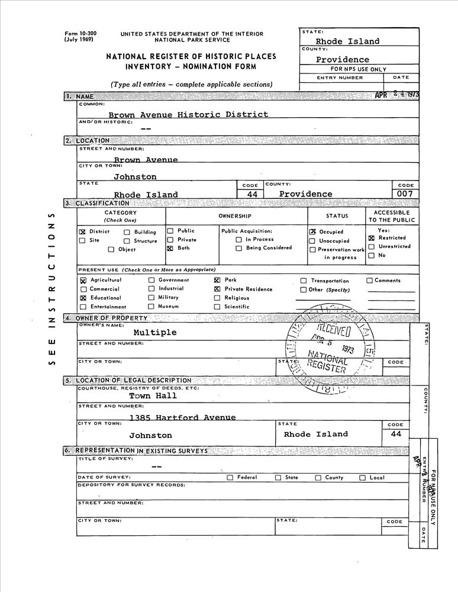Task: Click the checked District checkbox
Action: coord(82,232)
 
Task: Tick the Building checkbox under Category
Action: coord(127,233)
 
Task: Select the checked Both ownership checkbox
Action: coord(170,249)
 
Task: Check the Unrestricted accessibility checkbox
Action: coord(371,247)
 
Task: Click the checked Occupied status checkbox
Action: coord(312,232)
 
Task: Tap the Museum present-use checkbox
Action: coord(151,307)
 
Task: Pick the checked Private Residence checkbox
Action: coord(217,289)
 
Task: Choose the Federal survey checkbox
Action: coord(230,478)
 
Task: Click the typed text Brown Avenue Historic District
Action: coord(188,114)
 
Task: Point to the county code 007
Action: coord(405,194)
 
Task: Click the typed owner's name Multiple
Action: coord(154,333)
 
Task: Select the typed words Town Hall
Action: coord(149,396)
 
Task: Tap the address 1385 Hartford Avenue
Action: coord(182,417)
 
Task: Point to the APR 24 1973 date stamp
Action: coord(396,95)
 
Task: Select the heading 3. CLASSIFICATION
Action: coord(96,204)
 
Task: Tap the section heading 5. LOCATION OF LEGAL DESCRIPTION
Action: coord(127,380)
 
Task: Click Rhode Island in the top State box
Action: coord(347,41)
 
